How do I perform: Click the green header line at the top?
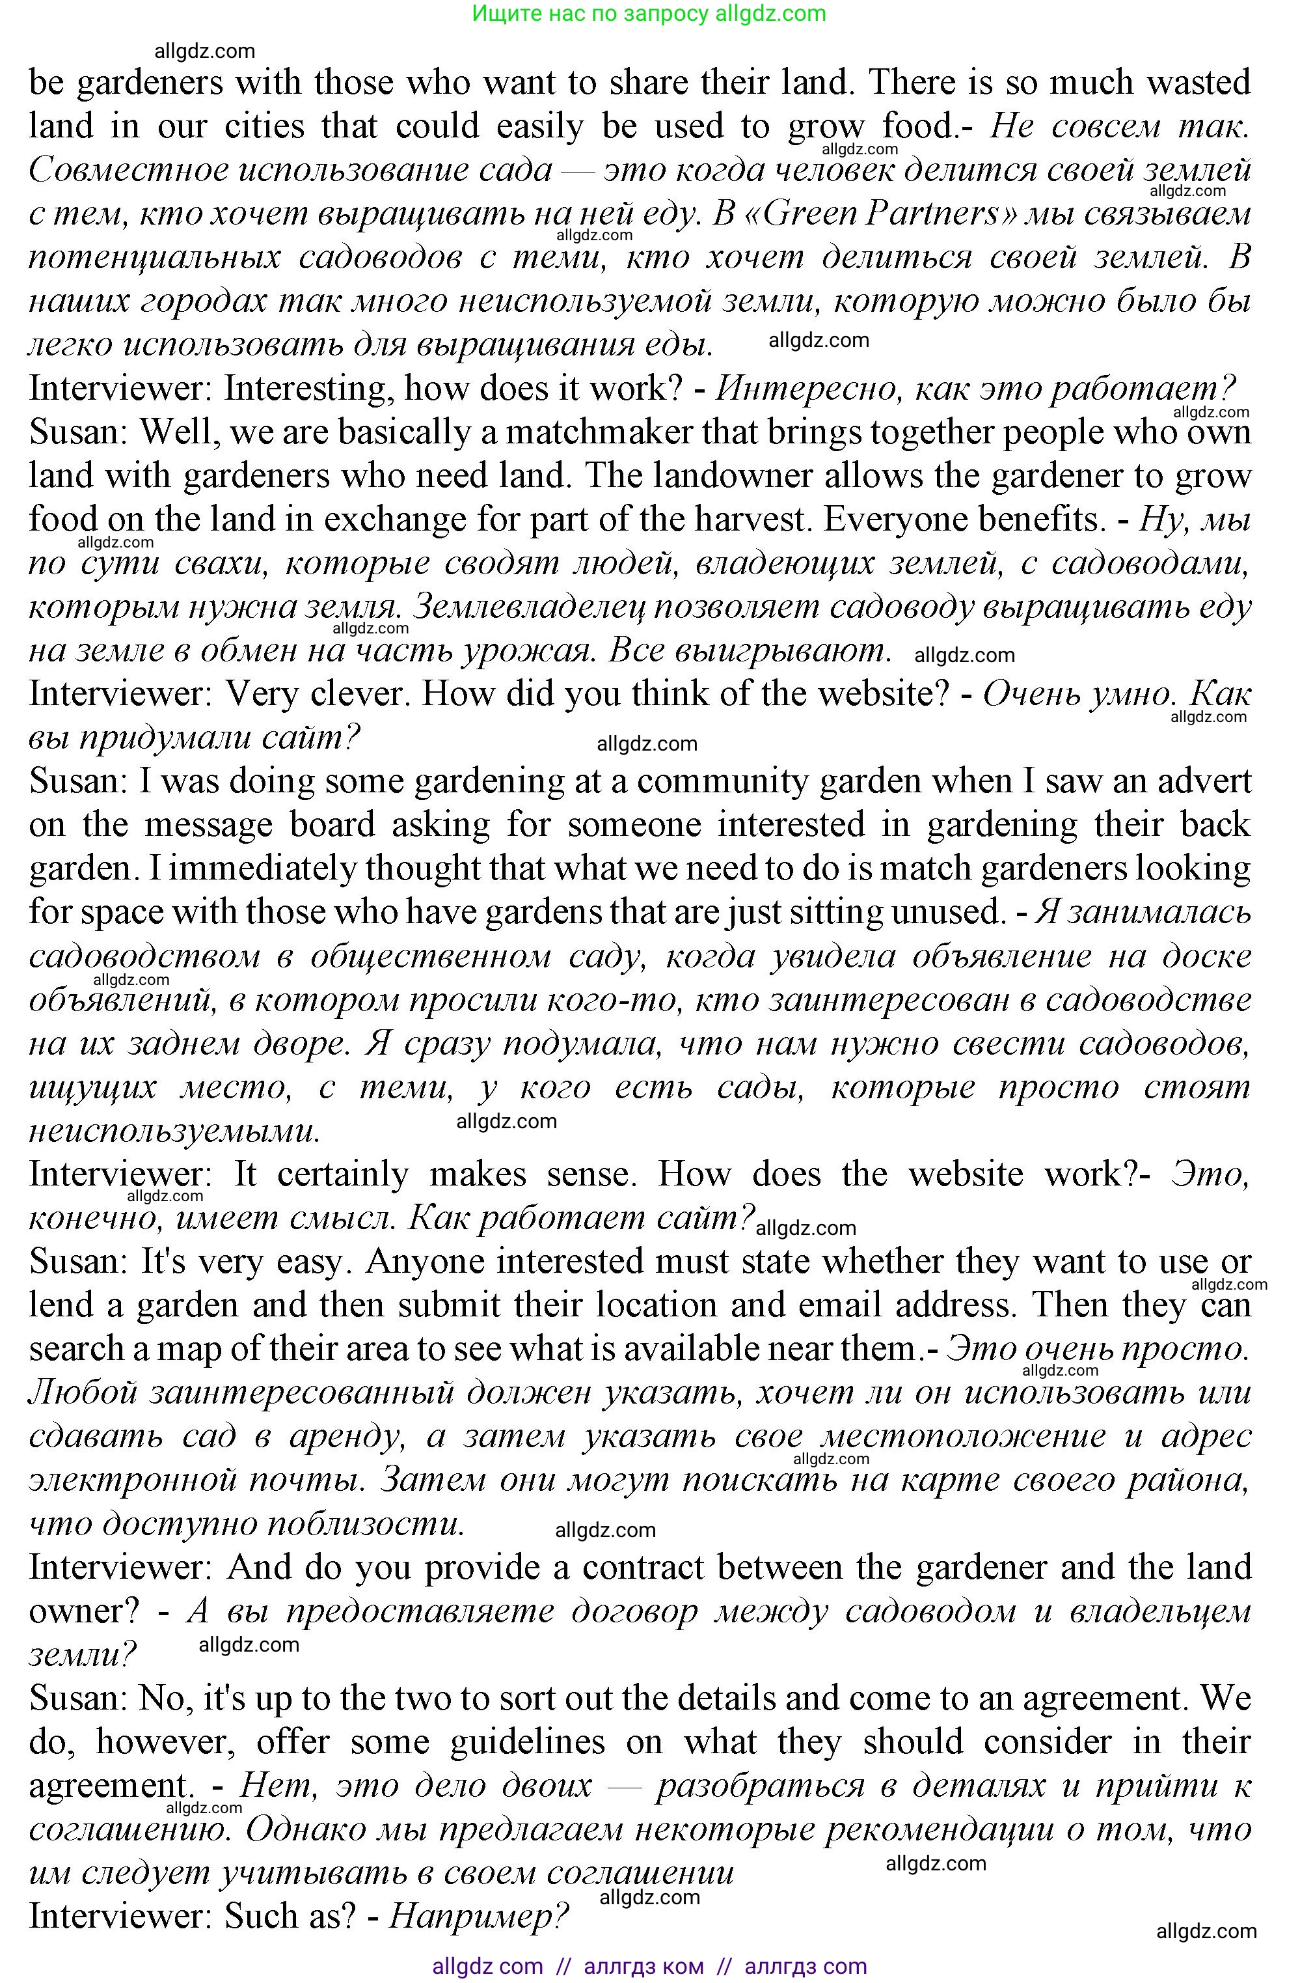click(649, 13)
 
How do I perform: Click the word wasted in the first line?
click(1198, 83)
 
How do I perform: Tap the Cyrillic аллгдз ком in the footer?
click(643, 1965)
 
